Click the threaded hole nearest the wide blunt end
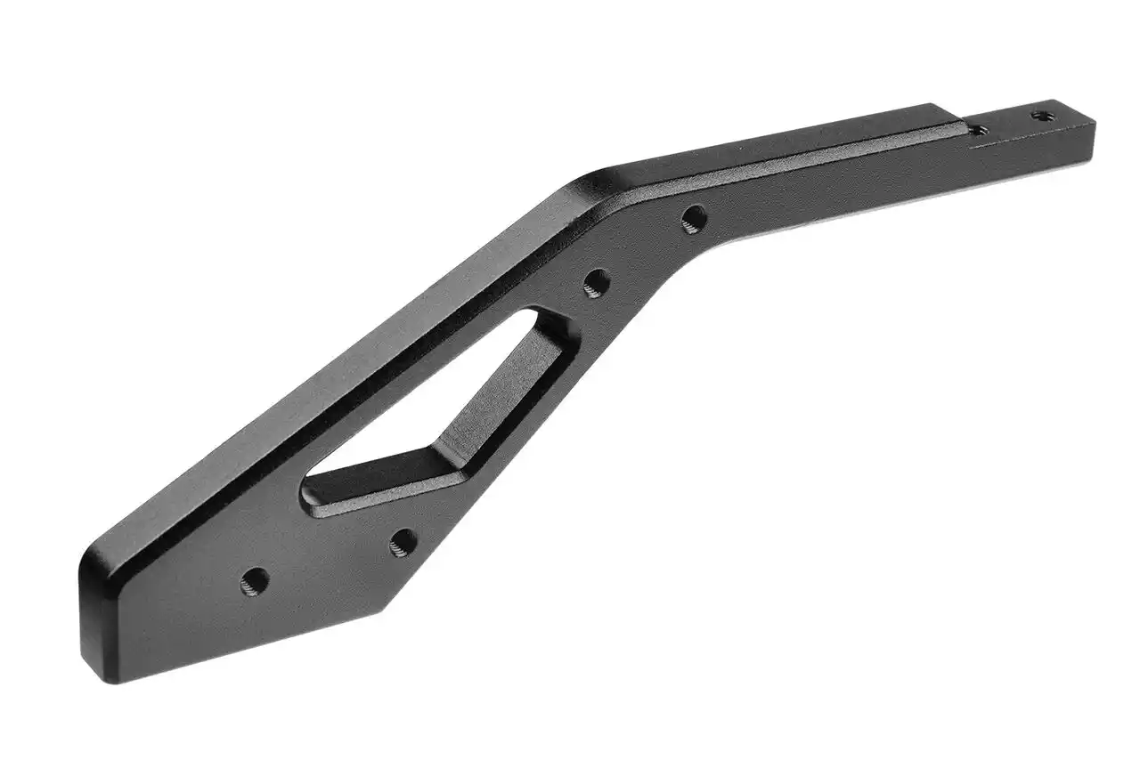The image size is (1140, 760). (254, 582)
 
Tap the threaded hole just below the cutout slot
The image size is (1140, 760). (403, 541)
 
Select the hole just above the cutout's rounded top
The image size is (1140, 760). (597, 283)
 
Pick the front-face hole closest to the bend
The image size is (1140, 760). (694, 217)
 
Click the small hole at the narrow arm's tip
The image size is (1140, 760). (1039, 115)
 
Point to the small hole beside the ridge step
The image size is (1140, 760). (977, 131)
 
